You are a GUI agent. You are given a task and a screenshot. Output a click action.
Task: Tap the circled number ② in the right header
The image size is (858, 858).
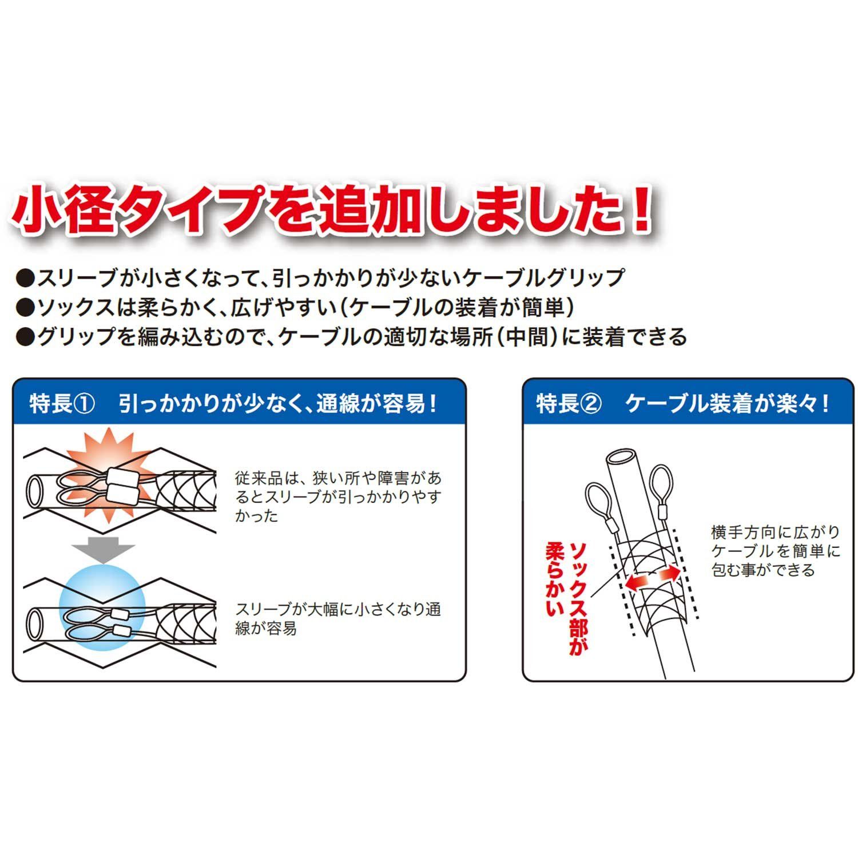(591, 404)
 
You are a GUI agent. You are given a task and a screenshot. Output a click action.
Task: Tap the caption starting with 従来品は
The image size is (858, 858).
(338, 496)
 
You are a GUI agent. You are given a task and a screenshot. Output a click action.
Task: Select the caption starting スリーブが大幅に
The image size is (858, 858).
(338, 618)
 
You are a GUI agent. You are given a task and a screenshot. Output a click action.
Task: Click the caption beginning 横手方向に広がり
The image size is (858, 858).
(776, 551)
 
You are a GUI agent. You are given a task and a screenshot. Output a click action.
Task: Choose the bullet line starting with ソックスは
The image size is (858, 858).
(295, 308)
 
